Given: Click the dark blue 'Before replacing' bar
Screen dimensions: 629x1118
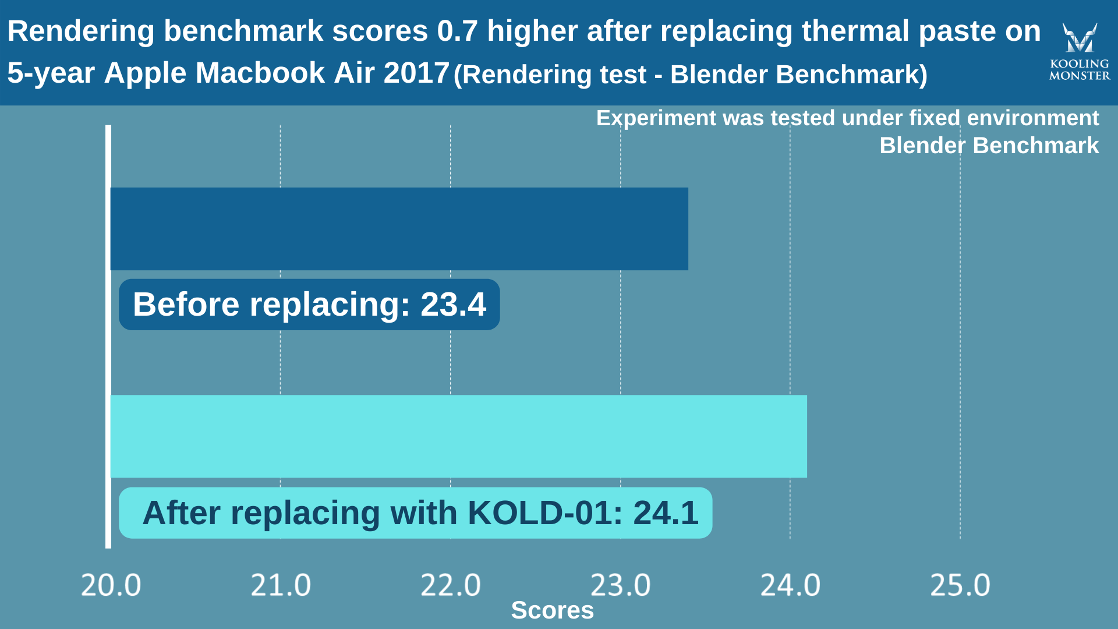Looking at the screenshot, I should click(x=399, y=229).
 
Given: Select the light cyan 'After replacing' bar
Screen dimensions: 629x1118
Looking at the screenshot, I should click(x=458, y=436).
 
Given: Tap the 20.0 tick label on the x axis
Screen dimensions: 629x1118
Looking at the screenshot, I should click(x=111, y=585).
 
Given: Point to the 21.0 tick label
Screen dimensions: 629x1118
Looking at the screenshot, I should click(x=281, y=585).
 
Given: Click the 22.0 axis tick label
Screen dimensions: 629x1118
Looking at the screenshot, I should click(x=451, y=585).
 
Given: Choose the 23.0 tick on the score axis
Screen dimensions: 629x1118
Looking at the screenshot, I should click(x=620, y=585).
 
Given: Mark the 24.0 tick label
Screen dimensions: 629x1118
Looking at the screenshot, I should click(x=790, y=585).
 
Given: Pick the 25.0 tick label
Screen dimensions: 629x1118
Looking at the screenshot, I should click(x=960, y=585).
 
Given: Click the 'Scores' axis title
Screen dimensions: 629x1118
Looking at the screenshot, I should click(x=552, y=610).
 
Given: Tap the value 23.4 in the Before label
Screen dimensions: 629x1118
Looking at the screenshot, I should click(x=453, y=305).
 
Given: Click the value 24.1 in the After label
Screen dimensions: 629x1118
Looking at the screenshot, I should click(x=666, y=513).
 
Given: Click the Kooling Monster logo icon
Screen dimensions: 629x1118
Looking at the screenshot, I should click(x=1080, y=37).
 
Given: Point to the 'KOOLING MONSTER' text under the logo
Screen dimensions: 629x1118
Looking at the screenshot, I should click(x=1080, y=70).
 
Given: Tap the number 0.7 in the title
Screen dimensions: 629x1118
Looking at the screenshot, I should click(x=457, y=31).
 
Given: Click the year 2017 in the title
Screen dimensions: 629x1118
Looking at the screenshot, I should click(x=416, y=73).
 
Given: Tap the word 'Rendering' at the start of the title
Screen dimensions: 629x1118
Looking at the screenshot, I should click(x=81, y=31).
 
